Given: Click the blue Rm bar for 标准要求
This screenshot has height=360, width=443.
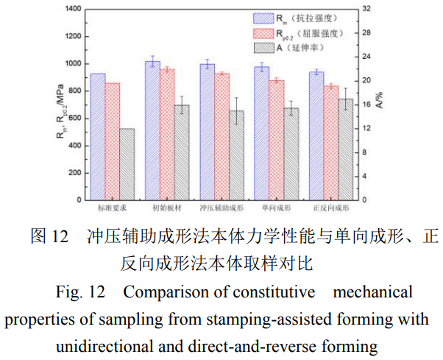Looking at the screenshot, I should pos(97,136).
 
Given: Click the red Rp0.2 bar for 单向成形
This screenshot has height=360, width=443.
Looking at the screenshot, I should pos(277,140).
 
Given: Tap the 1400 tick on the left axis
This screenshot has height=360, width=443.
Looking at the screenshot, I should pos(71,10).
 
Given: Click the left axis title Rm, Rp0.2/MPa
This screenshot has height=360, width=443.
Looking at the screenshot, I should pos(58,104).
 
